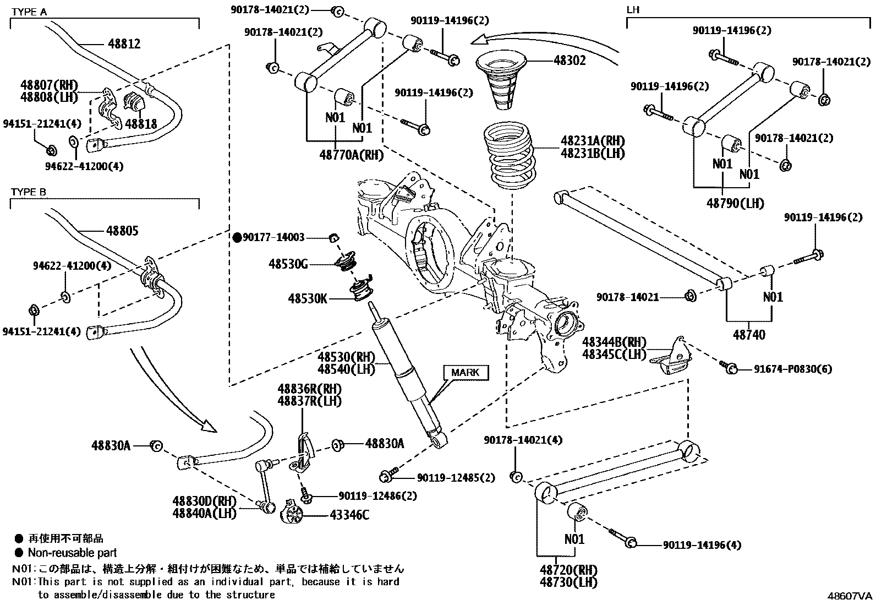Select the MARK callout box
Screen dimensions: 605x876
pos(466,373)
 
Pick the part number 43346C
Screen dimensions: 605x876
pos(349,515)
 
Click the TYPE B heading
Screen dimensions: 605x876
pos(29,192)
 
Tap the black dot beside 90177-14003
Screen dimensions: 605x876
pos(238,237)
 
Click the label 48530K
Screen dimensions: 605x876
pos(308,299)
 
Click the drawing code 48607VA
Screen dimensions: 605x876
pos(850,596)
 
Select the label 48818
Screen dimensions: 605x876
pos(140,124)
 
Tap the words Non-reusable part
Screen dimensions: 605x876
pos(72,553)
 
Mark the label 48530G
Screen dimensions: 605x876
pos(288,264)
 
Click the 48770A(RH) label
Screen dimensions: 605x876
pos(351,155)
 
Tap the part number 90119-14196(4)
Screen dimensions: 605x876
pos(702,545)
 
